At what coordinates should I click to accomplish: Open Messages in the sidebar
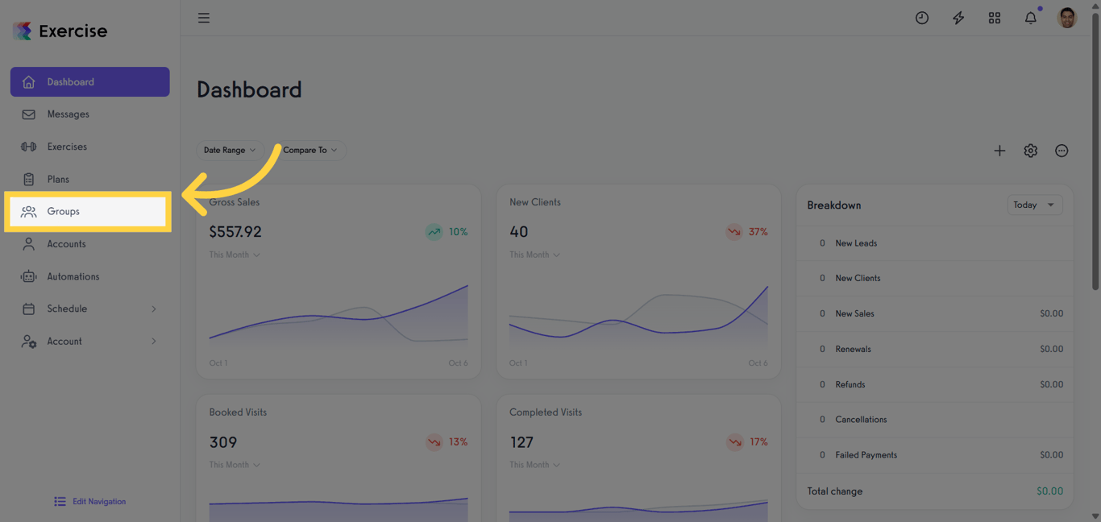coord(68,114)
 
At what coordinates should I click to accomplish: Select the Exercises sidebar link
coord(66,147)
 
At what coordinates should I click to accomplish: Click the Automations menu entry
coord(73,276)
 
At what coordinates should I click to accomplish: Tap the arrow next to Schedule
coord(154,309)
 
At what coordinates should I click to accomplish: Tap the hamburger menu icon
coord(204,18)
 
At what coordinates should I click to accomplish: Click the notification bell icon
coord(1030,18)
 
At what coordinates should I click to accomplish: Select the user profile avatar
coord(1066,18)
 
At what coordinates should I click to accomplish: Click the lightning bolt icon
coord(958,18)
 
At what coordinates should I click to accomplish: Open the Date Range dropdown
coord(229,150)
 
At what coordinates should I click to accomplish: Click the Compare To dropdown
coord(310,150)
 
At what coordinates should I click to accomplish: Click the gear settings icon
coord(1030,151)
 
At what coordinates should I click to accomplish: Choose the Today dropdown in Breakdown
coord(1034,205)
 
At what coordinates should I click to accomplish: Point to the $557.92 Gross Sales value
coord(235,232)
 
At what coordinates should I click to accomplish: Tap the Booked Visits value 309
coord(223,442)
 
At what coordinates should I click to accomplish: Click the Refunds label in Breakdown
coord(850,384)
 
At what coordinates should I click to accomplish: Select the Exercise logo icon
coord(23,31)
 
